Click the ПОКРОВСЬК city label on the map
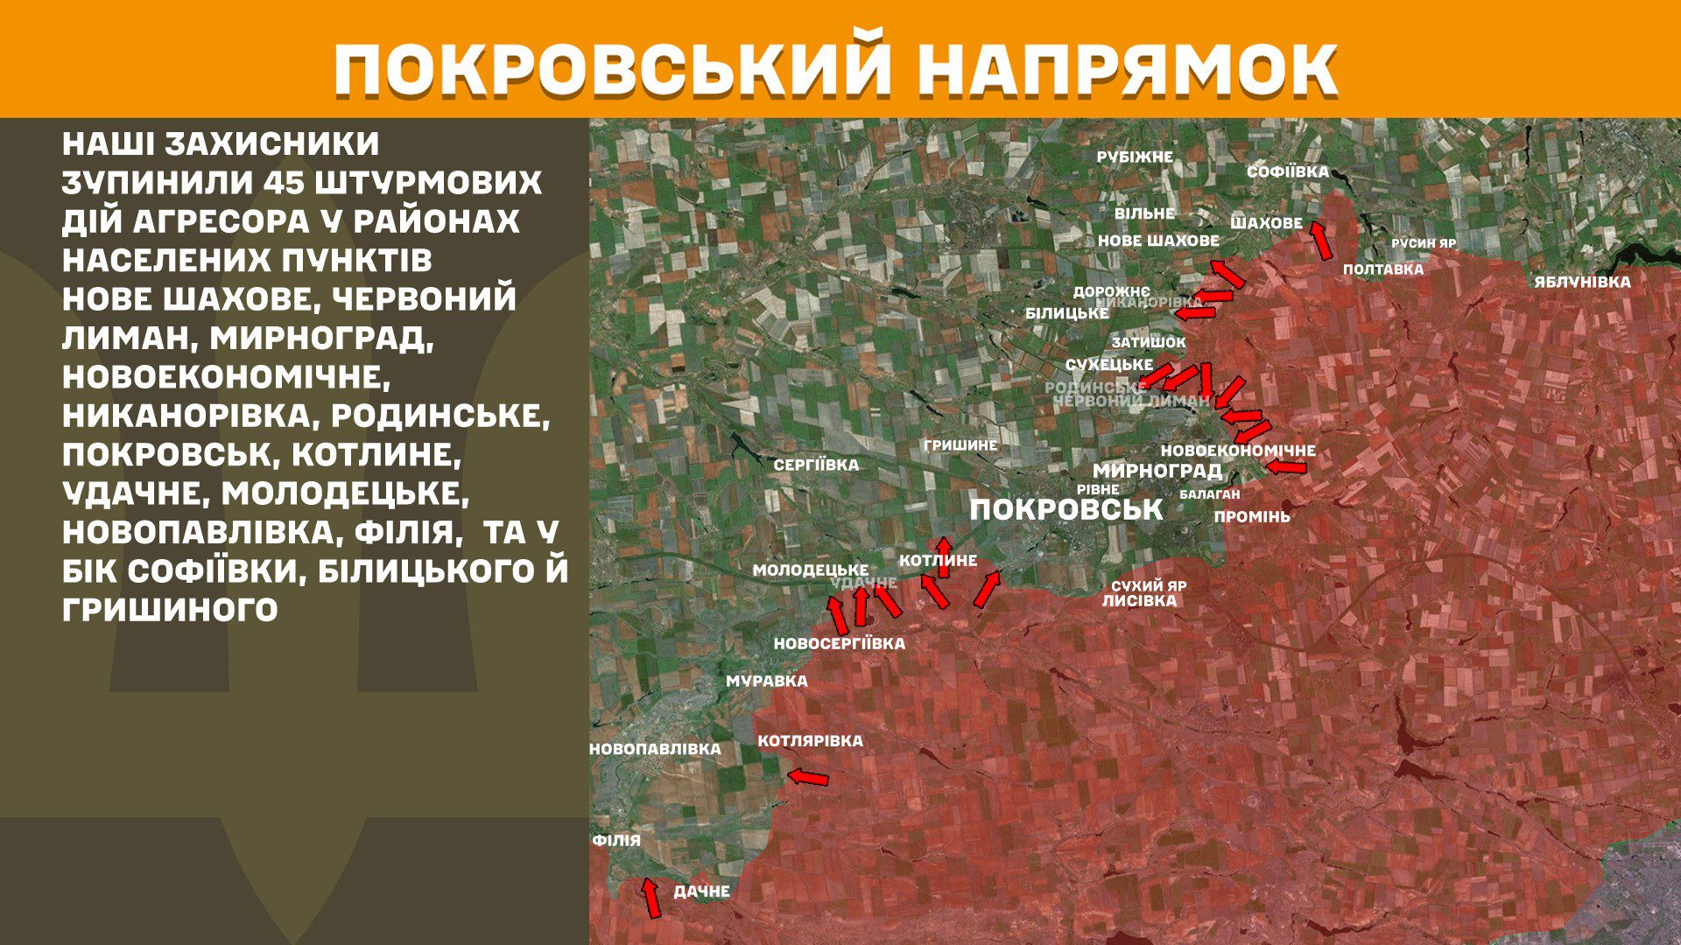point(1066,509)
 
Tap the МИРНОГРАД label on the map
point(1157,471)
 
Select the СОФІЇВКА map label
point(1287,171)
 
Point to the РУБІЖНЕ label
point(1135,157)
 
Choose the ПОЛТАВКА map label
point(1382,269)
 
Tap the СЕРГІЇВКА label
point(816,465)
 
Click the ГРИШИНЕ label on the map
point(960,445)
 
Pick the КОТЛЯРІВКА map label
point(810,741)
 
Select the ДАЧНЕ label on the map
point(701,892)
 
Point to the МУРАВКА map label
point(767,681)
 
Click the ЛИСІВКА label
point(1139,601)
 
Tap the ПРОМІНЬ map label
point(1251,517)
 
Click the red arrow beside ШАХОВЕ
point(1320,240)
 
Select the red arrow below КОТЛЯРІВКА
point(807,777)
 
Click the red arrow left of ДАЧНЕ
point(651,898)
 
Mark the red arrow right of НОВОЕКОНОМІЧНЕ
point(1287,467)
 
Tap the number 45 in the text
point(282,183)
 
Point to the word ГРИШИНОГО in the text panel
point(170,609)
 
